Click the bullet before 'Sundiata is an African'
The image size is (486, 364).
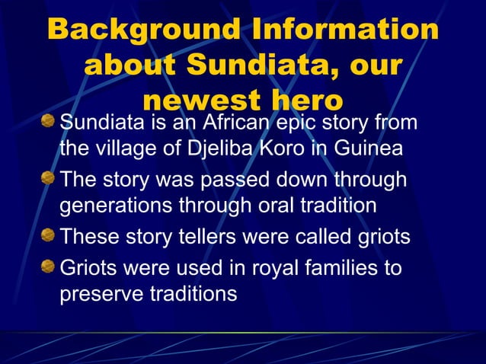point(49,121)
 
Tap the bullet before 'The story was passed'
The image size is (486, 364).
point(49,180)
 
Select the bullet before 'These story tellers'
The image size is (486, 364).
point(49,237)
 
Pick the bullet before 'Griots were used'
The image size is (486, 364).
point(49,267)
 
